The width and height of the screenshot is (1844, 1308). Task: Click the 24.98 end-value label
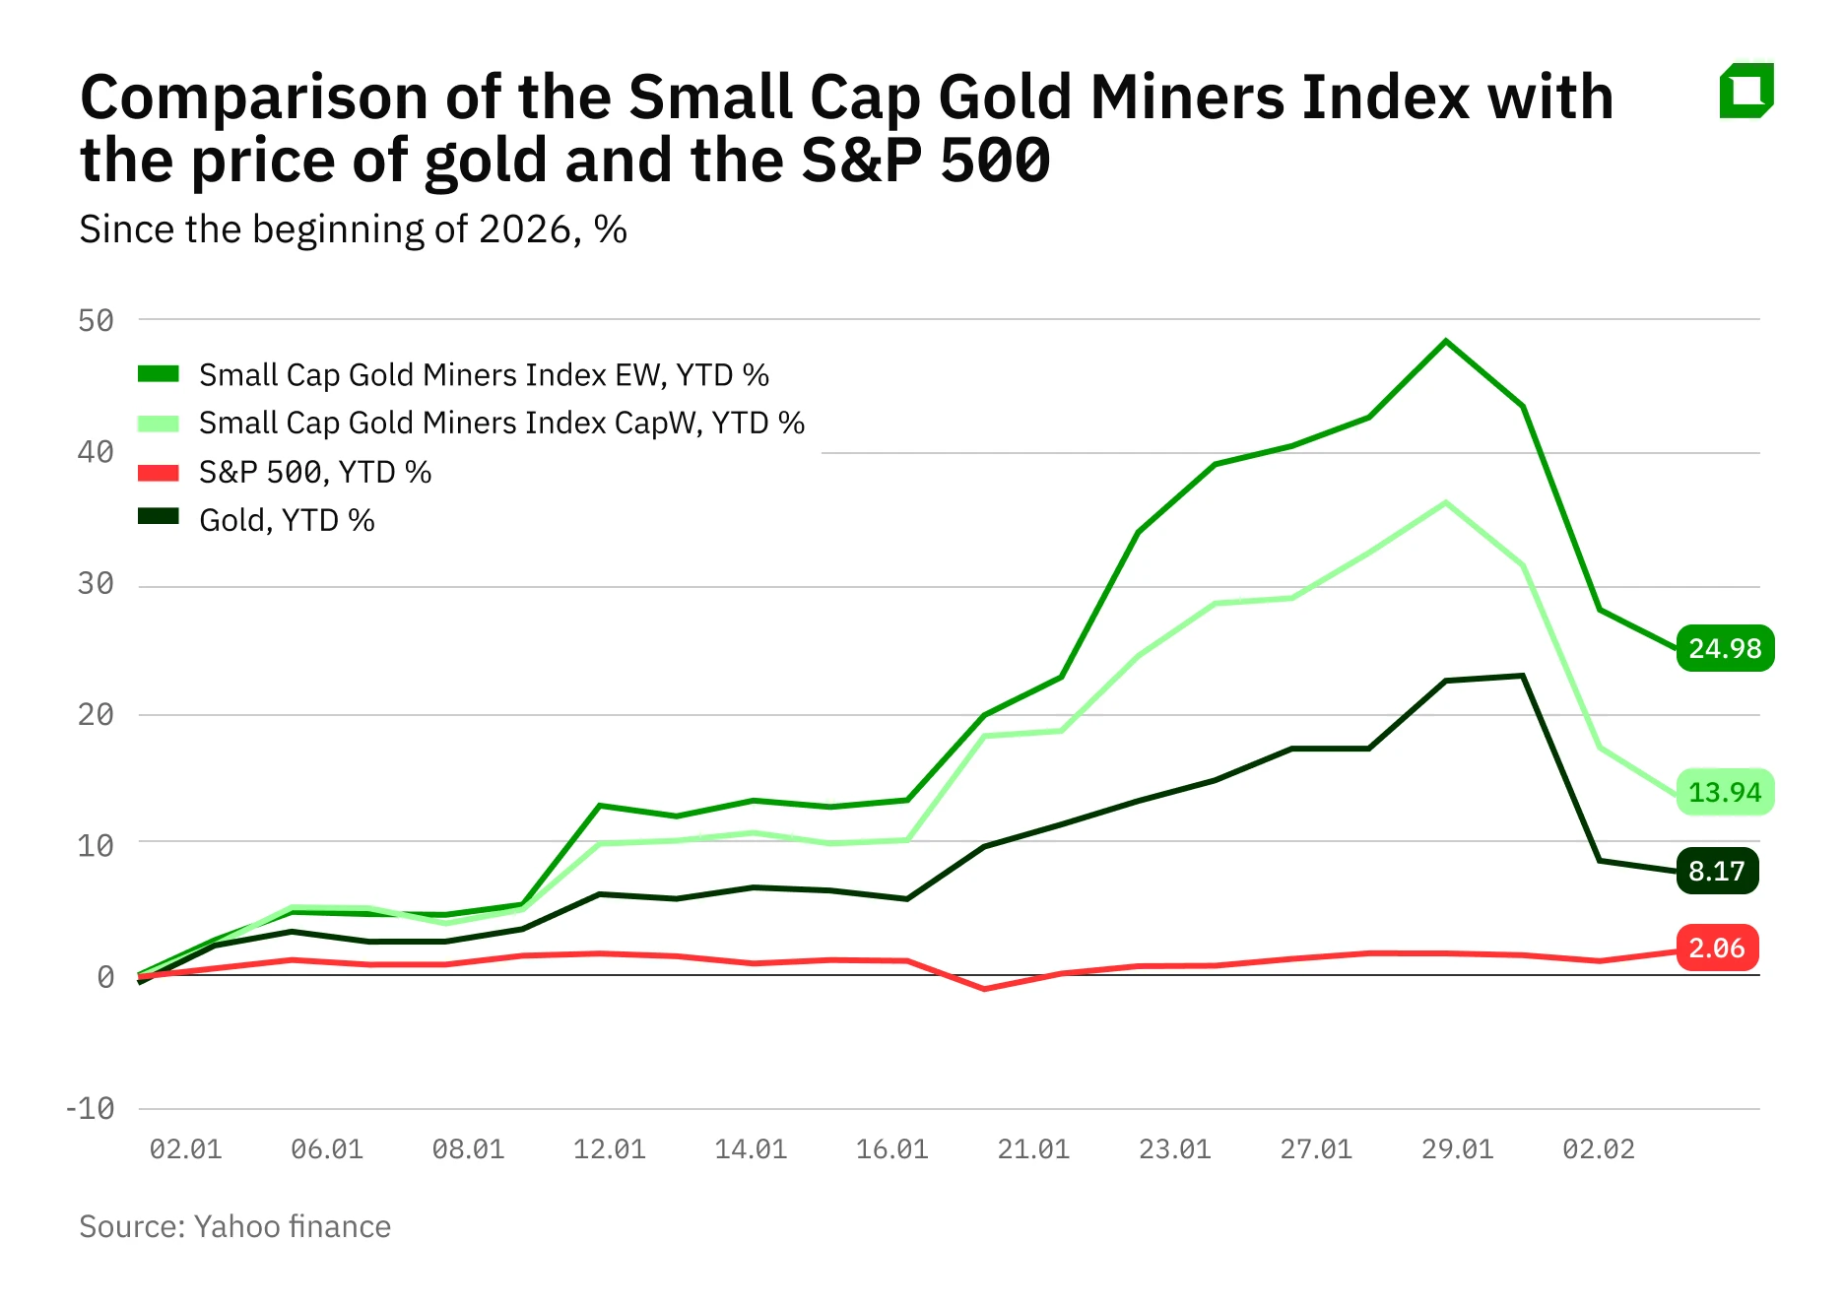pyautogui.click(x=1724, y=648)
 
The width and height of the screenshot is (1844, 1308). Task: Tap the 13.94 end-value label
pyautogui.click(x=1724, y=792)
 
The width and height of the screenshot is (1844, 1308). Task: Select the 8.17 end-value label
pyautogui.click(x=1716, y=871)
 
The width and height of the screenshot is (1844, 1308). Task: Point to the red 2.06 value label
pyautogui.click(x=1716, y=948)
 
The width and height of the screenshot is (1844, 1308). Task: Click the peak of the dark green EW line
pyautogui.click(x=1445, y=342)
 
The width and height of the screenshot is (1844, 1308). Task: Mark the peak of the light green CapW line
pyautogui.click(x=1445, y=503)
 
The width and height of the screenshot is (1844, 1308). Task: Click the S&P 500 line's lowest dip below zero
pyautogui.click(x=984, y=988)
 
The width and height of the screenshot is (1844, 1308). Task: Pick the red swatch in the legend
pyautogui.click(x=158, y=473)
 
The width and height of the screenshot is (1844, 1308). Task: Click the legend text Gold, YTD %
pyautogui.click(x=287, y=520)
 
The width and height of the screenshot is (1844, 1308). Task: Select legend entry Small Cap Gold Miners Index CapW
pyautogui.click(x=501, y=424)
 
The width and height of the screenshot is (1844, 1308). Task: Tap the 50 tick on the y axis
pyautogui.click(x=96, y=320)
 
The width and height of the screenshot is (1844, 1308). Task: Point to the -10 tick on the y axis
pyautogui.click(x=90, y=1109)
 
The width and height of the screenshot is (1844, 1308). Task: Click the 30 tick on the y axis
pyautogui.click(x=96, y=583)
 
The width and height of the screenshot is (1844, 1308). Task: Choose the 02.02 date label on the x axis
pyautogui.click(x=1598, y=1149)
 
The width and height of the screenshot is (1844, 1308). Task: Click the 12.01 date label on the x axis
pyautogui.click(x=609, y=1149)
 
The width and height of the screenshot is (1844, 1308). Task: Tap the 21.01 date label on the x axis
pyautogui.click(x=1032, y=1149)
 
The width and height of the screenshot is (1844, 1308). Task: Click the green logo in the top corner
pyautogui.click(x=1745, y=91)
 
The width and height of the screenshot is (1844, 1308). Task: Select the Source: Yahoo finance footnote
pyautogui.click(x=234, y=1226)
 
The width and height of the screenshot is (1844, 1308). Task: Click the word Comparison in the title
pyautogui.click(x=254, y=98)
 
